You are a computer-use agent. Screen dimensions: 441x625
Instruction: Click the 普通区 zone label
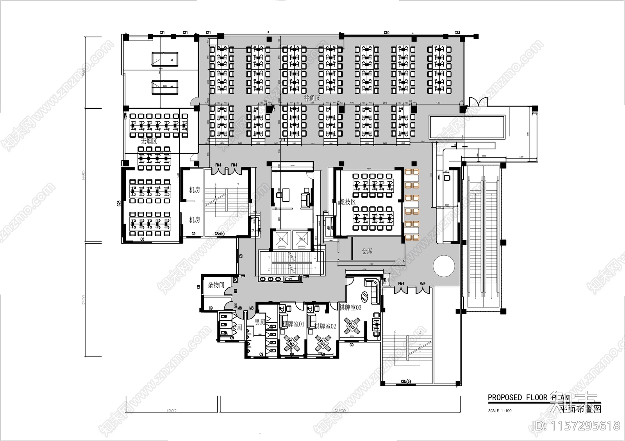click(312, 99)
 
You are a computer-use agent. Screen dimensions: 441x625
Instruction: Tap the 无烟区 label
click(148, 142)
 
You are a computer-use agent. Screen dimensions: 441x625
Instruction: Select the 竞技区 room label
click(347, 202)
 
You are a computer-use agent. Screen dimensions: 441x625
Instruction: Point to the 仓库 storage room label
click(367, 251)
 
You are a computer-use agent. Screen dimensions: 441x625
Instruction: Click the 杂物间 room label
click(216, 285)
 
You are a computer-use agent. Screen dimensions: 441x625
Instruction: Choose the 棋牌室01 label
click(293, 324)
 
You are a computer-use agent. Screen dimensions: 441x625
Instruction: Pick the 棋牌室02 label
click(325, 326)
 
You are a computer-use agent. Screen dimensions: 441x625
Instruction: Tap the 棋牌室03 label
click(350, 308)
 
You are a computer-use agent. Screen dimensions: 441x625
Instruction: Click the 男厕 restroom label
click(260, 323)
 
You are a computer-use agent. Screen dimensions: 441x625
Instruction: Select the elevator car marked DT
click(281, 239)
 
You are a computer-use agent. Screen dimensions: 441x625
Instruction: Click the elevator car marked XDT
click(302, 239)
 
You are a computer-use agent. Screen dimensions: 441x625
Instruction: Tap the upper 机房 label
click(195, 190)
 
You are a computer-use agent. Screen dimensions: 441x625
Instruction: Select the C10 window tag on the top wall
click(386, 33)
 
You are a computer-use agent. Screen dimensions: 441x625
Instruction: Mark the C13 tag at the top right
click(457, 33)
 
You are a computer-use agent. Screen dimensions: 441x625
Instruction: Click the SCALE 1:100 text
click(500, 411)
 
